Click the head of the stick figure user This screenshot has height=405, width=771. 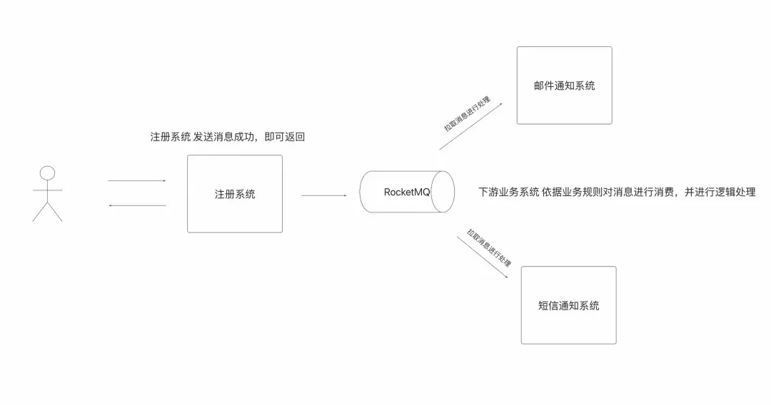click(x=47, y=173)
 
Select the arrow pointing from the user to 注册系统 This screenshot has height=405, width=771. click(x=136, y=180)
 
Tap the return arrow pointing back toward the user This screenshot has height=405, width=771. click(x=137, y=205)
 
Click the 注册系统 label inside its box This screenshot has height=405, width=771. click(x=235, y=195)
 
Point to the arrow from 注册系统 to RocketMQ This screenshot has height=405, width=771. click(x=323, y=195)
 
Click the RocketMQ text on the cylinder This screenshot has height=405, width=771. click(x=407, y=192)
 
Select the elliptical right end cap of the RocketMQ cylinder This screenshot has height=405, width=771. click(x=443, y=192)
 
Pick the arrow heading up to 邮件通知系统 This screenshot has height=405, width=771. click(x=470, y=126)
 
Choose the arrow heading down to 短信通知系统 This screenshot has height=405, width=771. click(x=483, y=257)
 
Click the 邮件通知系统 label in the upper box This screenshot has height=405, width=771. click(x=565, y=86)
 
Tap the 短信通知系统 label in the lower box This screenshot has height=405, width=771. click(x=568, y=306)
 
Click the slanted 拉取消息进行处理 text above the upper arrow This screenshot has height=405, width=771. click(x=467, y=114)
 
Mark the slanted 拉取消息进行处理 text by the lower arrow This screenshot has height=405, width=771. click(x=489, y=247)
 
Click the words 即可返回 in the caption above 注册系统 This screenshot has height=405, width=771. click(x=285, y=137)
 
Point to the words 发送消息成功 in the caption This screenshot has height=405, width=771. click(x=223, y=137)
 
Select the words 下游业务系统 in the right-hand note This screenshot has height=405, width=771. click(x=509, y=192)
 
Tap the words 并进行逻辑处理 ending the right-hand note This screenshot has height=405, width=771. click(x=720, y=192)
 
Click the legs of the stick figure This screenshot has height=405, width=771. click(x=47, y=212)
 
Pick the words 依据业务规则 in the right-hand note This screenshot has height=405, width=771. click(x=572, y=192)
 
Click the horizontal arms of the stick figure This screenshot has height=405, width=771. click(x=47, y=190)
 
